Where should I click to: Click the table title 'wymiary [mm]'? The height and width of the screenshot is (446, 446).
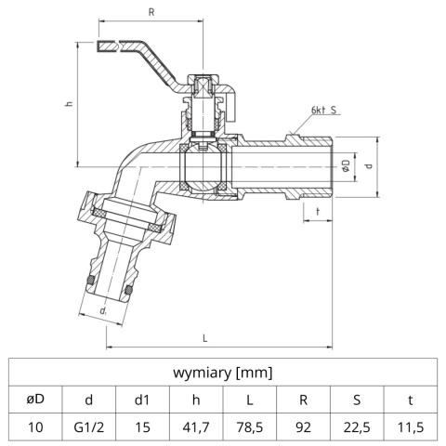click(223, 373)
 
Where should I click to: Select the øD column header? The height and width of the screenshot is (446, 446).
click(35, 400)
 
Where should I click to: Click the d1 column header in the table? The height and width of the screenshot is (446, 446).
click(142, 400)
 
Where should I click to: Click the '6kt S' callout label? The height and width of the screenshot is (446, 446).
click(324, 111)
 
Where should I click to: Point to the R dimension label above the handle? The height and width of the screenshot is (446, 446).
click(151, 12)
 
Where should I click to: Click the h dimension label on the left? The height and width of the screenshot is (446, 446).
click(68, 104)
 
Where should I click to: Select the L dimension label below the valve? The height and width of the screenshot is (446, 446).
click(203, 338)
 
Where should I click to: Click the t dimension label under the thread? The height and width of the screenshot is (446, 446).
click(318, 212)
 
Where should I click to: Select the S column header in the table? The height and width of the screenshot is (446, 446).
click(358, 400)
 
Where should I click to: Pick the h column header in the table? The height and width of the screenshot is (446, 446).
click(196, 400)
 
